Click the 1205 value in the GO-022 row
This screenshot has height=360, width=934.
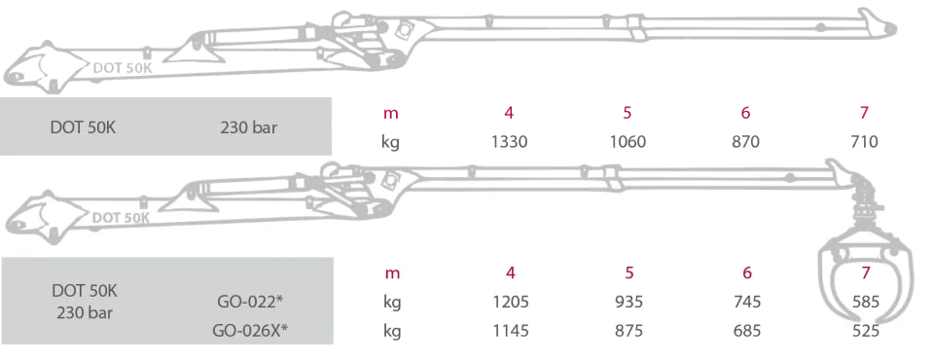tap(510, 303)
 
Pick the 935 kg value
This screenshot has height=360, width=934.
tap(629, 303)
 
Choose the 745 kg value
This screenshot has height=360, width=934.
tap(747, 303)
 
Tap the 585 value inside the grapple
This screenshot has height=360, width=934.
tap(866, 303)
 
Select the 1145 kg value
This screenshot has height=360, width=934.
tap(510, 330)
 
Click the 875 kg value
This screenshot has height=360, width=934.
tap(629, 330)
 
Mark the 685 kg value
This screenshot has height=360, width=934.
tap(747, 330)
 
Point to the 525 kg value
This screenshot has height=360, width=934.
tap(866, 330)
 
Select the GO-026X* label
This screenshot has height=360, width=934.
tap(250, 330)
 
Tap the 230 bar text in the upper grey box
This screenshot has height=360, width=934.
tap(248, 126)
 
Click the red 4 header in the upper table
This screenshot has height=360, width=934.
tap(508, 113)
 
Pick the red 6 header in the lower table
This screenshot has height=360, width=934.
tap(747, 273)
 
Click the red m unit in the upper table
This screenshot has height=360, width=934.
tap(391, 113)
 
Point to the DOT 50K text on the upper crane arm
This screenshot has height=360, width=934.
tap(123, 68)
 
